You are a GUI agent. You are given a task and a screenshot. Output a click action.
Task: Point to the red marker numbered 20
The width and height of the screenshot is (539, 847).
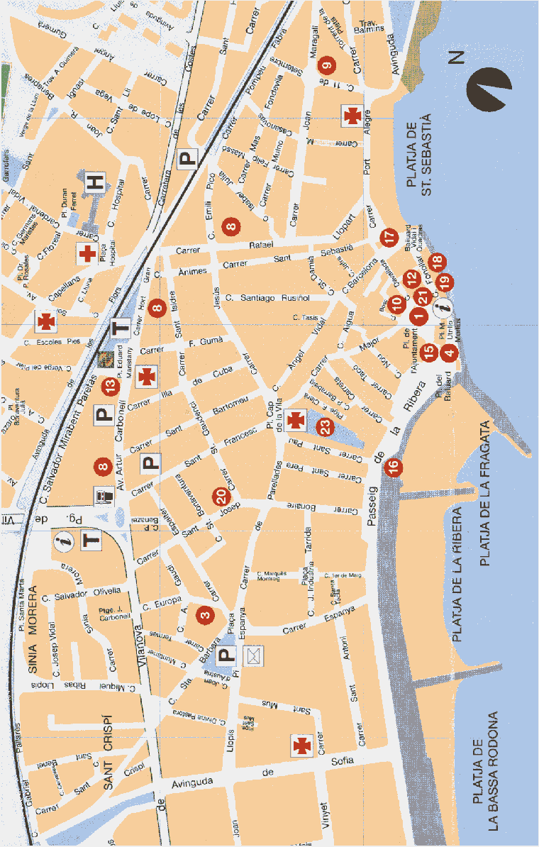220,495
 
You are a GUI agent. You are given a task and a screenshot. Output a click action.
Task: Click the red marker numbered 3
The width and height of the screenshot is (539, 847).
206,616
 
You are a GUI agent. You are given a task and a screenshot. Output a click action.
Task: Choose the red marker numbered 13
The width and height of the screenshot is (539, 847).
110,387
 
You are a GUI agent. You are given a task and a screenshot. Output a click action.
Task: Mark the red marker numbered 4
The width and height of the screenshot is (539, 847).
448,350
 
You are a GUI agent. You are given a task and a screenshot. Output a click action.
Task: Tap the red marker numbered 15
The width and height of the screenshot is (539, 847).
428,350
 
